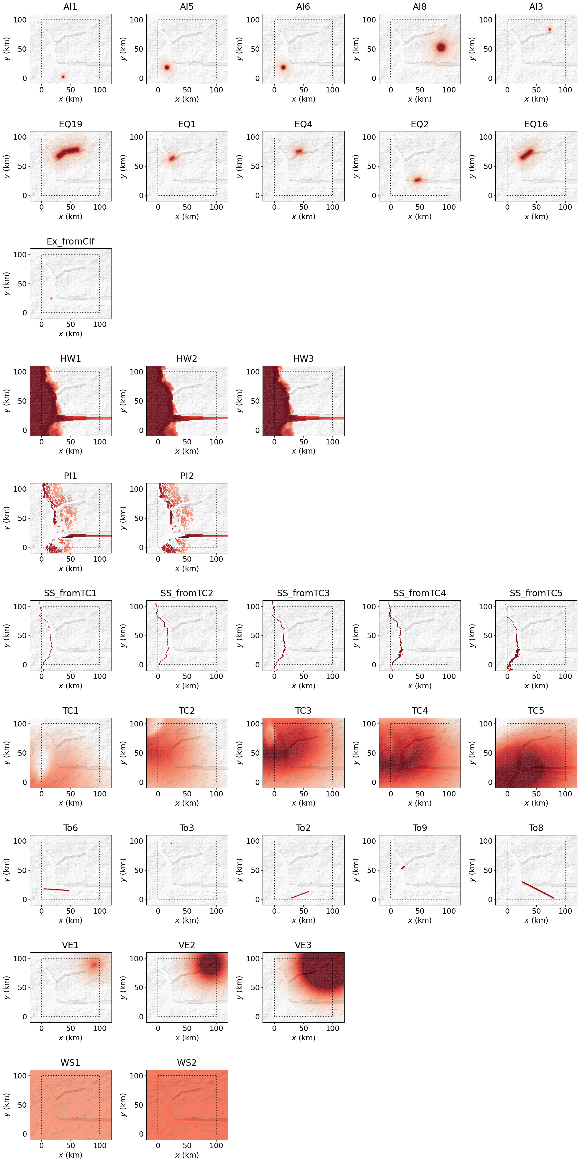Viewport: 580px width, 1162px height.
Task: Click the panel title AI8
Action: pyautogui.click(x=419, y=7)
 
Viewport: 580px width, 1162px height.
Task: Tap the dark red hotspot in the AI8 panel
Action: pyautogui.click(x=441, y=47)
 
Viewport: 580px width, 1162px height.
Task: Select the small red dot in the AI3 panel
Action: pyautogui.click(x=549, y=29)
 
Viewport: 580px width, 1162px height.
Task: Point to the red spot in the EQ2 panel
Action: pyautogui.click(x=417, y=180)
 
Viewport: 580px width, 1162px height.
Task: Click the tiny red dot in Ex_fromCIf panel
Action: pyautogui.click(x=51, y=298)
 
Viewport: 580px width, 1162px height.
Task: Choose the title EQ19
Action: pyautogui.click(x=70, y=124)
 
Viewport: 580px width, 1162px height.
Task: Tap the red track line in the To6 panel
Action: pyautogui.click(x=56, y=889)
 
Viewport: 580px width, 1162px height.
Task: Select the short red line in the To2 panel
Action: pyautogui.click(x=300, y=894)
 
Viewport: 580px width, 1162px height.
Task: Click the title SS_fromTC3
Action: pyautogui.click(x=303, y=593)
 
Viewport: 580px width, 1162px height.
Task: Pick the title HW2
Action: pyautogui.click(x=186, y=358)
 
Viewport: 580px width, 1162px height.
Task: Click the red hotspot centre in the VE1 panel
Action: pyautogui.click(x=94, y=965)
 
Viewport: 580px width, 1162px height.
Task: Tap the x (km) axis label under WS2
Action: pyautogui.click(x=186, y=1155)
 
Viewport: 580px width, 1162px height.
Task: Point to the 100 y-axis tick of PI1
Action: pyautogui.click(x=20, y=489)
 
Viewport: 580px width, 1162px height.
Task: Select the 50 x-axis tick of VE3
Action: pyautogui.click(x=303, y=1028)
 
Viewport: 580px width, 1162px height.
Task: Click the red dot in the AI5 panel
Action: pyautogui.click(x=167, y=67)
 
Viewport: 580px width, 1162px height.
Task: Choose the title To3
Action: pyautogui.click(x=186, y=828)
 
